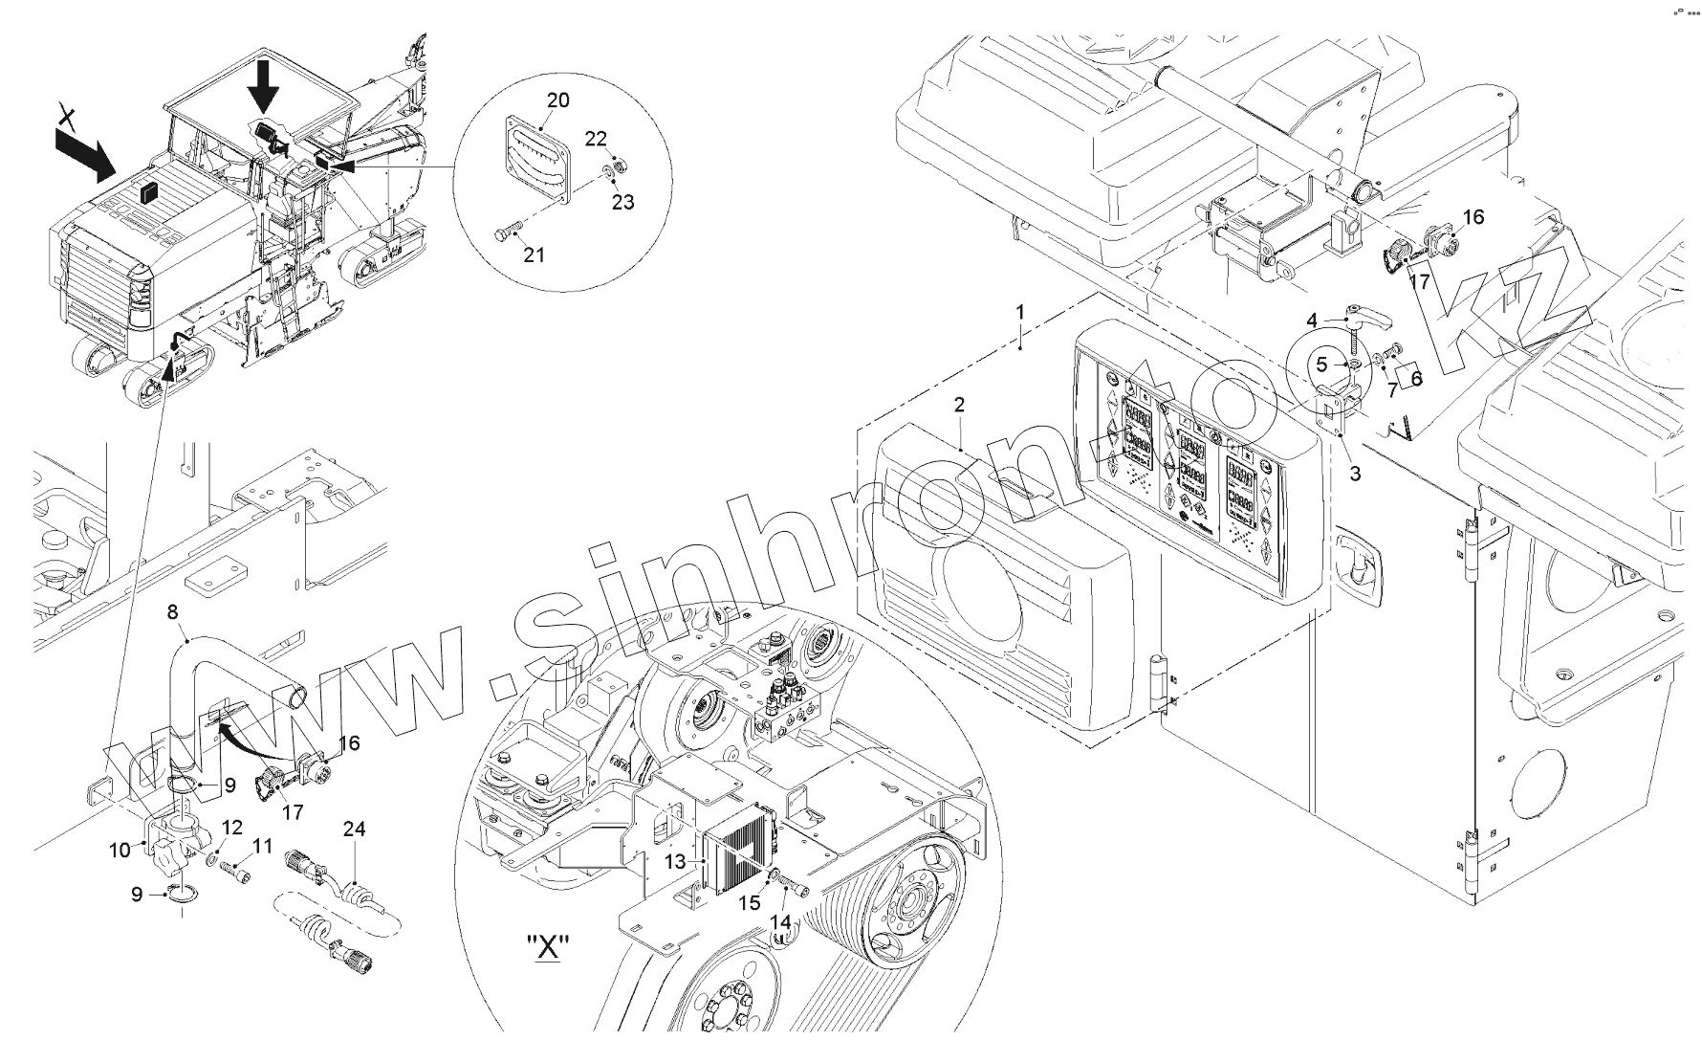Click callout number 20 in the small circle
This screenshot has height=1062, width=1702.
pyautogui.click(x=558, y=100)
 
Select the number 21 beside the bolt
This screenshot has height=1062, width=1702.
pyautogui.click(x=534, y=254)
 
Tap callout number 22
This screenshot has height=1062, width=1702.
pyautogui.click(x=596, y=139)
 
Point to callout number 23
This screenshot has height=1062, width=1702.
pyautogui.click(x=622, y=202)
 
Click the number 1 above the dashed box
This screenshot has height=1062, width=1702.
pyautogui.click(x=1020, y=312)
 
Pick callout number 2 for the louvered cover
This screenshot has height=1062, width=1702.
pyautogui.click(x=959, y=405)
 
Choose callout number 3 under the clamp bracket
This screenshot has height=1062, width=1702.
pyautogui.click(x=1355, y=472)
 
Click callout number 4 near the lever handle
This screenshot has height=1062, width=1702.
pyautogui.click(x=1313, y=320)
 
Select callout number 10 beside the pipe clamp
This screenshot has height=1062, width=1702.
pyautogui.click(x=119, y=850)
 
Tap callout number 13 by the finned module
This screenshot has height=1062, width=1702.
pyautogui.click(x=676, y=862)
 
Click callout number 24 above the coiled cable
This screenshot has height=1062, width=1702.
pyautogui.click(x=355, y=829)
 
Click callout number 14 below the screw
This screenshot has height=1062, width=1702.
pyautogui.click(x=781, y=921)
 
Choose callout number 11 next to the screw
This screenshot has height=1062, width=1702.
pyautogui.click(x=262, y=846)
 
